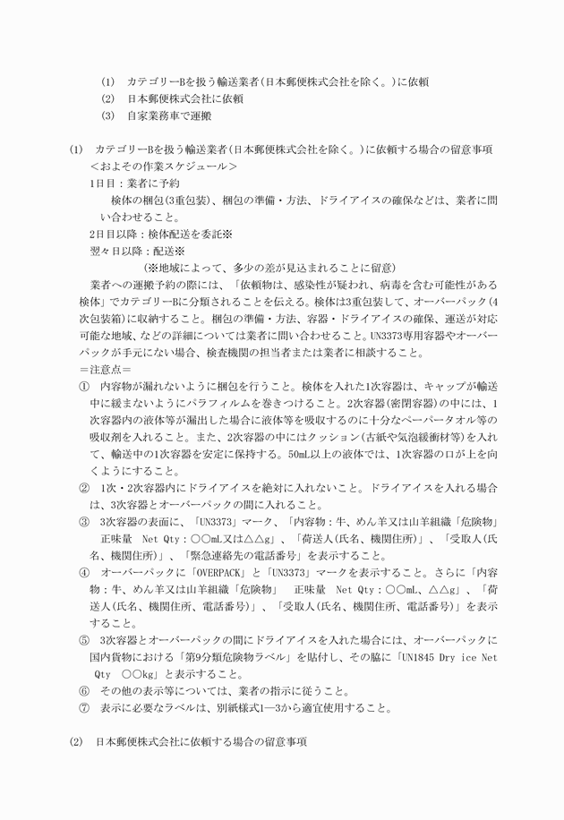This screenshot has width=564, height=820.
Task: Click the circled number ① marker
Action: coord(84,386)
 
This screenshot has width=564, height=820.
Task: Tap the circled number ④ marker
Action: coord(84,571)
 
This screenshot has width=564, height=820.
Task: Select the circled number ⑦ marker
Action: coord(84,708)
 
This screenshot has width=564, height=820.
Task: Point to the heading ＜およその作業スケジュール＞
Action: coord(164,167)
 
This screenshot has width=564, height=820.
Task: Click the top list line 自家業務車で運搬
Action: coord(169,115)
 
